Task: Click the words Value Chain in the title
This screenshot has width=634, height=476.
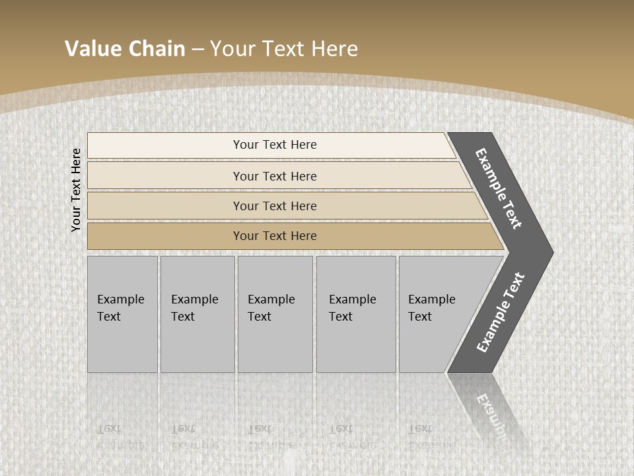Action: click(125, 49)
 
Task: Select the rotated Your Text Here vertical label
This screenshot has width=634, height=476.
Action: click(76, 190)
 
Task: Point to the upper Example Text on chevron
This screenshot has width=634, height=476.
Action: click(499, 189)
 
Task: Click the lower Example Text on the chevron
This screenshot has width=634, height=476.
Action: click(501, 313)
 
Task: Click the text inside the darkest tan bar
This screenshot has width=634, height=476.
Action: click(275, 236)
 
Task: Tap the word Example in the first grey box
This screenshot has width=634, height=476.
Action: click(120, 299)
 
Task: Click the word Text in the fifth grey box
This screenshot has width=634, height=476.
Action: click(419, 317)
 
